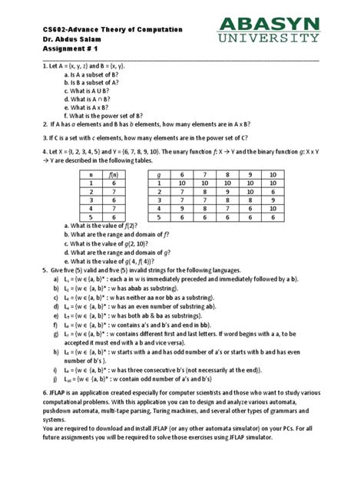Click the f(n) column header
[113, 175]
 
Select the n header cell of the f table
[90, 175]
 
